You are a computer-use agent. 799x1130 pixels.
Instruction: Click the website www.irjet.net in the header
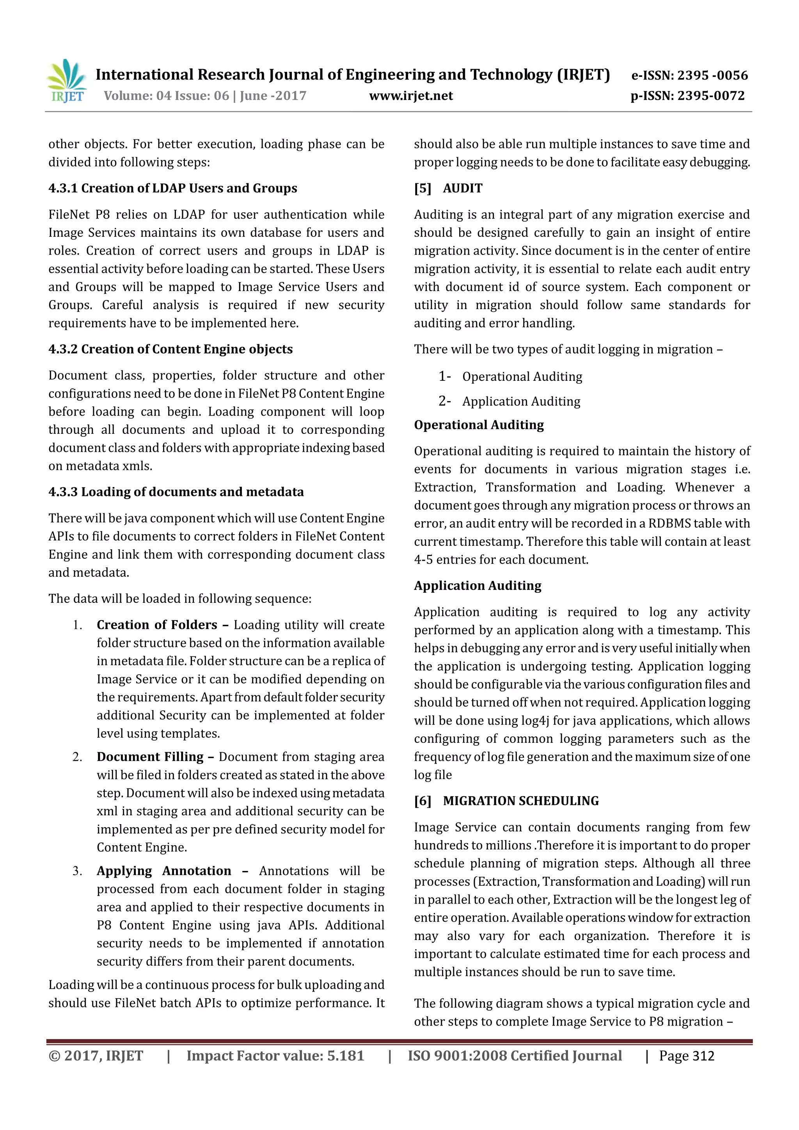coord(411,96)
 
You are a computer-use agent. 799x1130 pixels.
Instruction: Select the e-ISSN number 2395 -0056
coord(712,75)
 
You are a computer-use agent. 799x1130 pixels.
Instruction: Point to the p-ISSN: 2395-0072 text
coord(687,96)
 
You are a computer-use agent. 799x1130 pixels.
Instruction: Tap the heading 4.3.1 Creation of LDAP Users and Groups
coord(173,188)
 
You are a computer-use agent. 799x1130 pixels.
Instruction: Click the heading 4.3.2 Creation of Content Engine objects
coord(170,349)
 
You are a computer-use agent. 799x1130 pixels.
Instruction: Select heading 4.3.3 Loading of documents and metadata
coord(176,492)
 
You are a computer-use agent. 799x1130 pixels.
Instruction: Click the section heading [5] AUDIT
coord(448,188)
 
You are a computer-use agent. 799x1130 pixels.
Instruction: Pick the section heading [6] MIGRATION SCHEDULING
coord(506,801)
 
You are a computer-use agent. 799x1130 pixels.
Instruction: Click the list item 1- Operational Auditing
coord(510,377)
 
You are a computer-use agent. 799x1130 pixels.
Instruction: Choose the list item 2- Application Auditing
coord(509,401)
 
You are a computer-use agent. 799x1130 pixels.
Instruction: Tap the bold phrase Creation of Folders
coord(157,625)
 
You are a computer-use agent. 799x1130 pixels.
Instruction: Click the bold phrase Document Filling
coord(150,757)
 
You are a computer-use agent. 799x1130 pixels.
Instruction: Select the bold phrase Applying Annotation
coord(164,871)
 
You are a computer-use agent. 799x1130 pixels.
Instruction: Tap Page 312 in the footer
coord(686,1056)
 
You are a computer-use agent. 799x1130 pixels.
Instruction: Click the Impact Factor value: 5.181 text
coord(275,1056)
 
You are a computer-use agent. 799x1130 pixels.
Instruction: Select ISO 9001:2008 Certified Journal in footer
coord(515,1056)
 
